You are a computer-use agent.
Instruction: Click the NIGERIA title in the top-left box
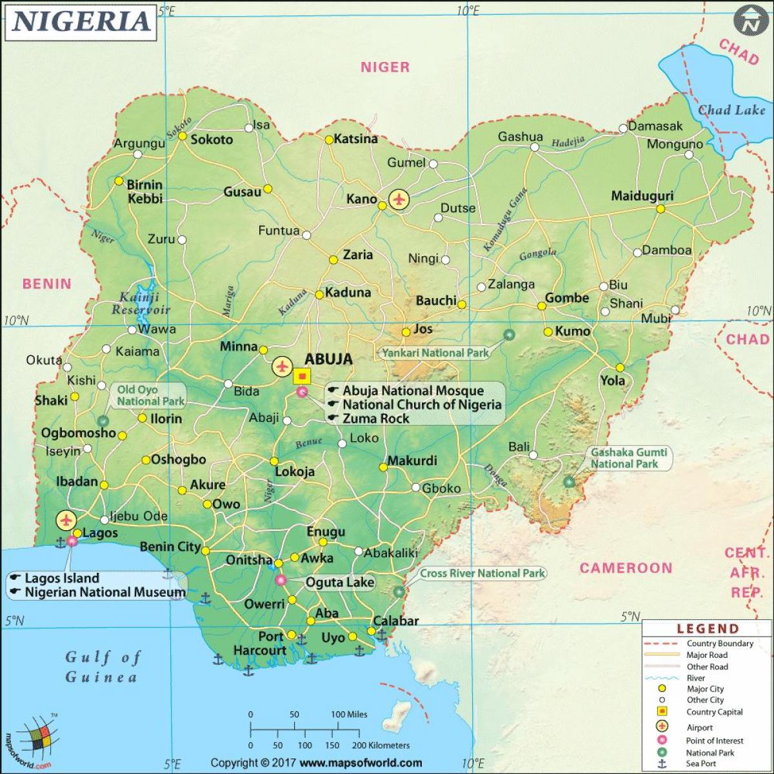click(81, 21)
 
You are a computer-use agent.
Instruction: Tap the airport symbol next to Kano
click(399, 199)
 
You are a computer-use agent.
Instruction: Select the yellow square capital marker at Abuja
click(302, 376)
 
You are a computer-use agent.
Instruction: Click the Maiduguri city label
click(642, 196)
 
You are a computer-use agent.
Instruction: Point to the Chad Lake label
click(731, 110)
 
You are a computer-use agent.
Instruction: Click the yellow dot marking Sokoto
click(183, 136)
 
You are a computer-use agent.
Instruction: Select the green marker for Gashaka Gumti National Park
click(568, 481)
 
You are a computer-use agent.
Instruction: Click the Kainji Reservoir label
click(141, 303)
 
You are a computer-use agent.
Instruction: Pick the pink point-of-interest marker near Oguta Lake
click(281, 580)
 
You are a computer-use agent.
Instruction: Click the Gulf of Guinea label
click(102, 667)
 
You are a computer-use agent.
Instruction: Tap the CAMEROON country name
click(625, 568)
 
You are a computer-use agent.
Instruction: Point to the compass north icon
click(749, 22)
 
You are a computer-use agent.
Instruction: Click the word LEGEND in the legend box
click(707, 628)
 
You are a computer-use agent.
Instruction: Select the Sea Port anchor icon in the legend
click(661, 764)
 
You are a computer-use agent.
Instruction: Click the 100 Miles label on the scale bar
click(349, 714)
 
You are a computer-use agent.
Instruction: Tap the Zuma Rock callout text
click(375, 419)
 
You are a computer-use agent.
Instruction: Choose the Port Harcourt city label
click(260, 643)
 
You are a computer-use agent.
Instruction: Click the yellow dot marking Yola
click(620, 367)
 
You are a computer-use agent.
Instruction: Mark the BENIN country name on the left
click(47, 284)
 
